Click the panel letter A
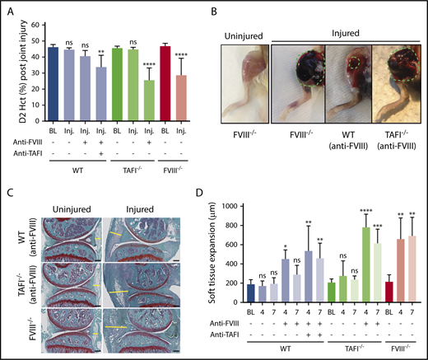[9, 11]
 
